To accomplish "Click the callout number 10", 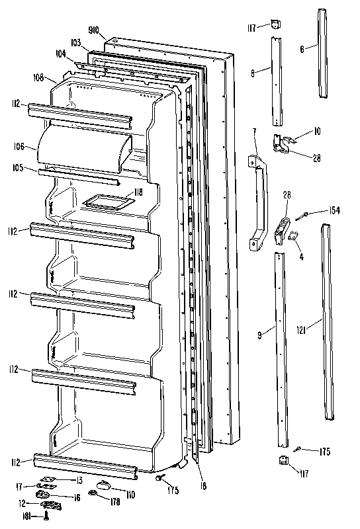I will pos(317,132).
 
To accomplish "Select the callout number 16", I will pos(77,497).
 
